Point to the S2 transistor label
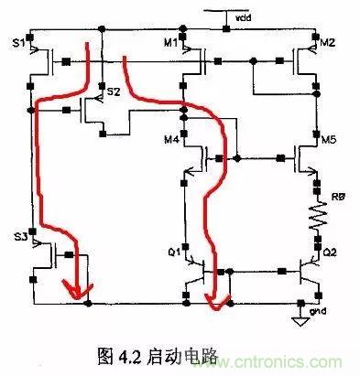point(114,92)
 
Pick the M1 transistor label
point(170,42)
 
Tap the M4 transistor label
point(170,139)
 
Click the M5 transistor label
point(330,139)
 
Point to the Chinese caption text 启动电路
point(184,352)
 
